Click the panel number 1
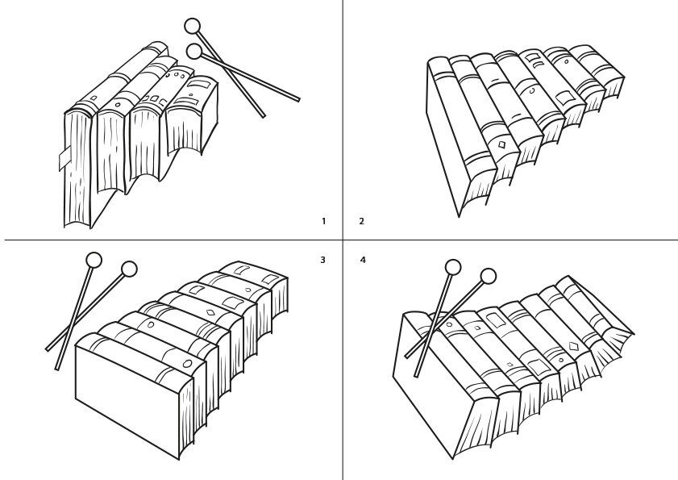click(323, 221)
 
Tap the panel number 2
click(361, 221)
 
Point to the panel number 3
click(322, 260)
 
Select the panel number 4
click(363, 260)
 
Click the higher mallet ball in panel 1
click(192, 26)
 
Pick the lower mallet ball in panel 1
click(193, 52)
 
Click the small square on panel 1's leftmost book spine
click(93, 99)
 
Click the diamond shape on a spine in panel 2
click(501, 144)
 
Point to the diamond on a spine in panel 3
click(210, 312)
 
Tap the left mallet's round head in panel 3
click(94, 260)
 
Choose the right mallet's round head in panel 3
click(129, 269)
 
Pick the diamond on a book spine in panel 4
click(573, 346)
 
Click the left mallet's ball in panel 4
click(453, 267)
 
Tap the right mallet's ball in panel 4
click(488, 277)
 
